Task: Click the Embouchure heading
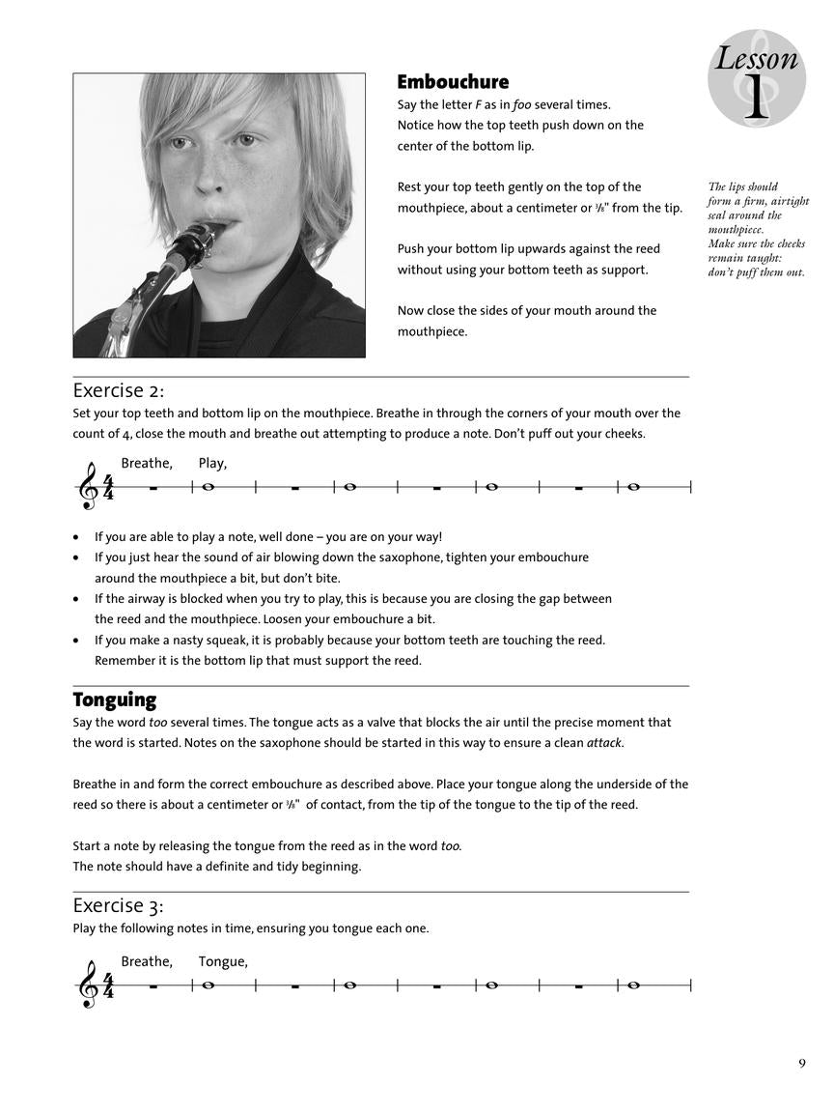point(453,82)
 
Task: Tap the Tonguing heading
point(114,699)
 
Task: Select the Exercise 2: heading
point(119,390)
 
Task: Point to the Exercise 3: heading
point(119,905)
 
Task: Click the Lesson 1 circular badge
point(756,78)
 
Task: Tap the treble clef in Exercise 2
point(88,487)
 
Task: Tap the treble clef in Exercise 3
point(88,985)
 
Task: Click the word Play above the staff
point(211,464)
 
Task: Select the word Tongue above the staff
point(222,961)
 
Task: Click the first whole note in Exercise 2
point(208,487)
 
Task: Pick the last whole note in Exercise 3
point(633,985)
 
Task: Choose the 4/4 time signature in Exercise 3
point(108,985)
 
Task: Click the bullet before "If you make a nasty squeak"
point(76,641)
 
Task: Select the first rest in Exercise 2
point(153,488)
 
